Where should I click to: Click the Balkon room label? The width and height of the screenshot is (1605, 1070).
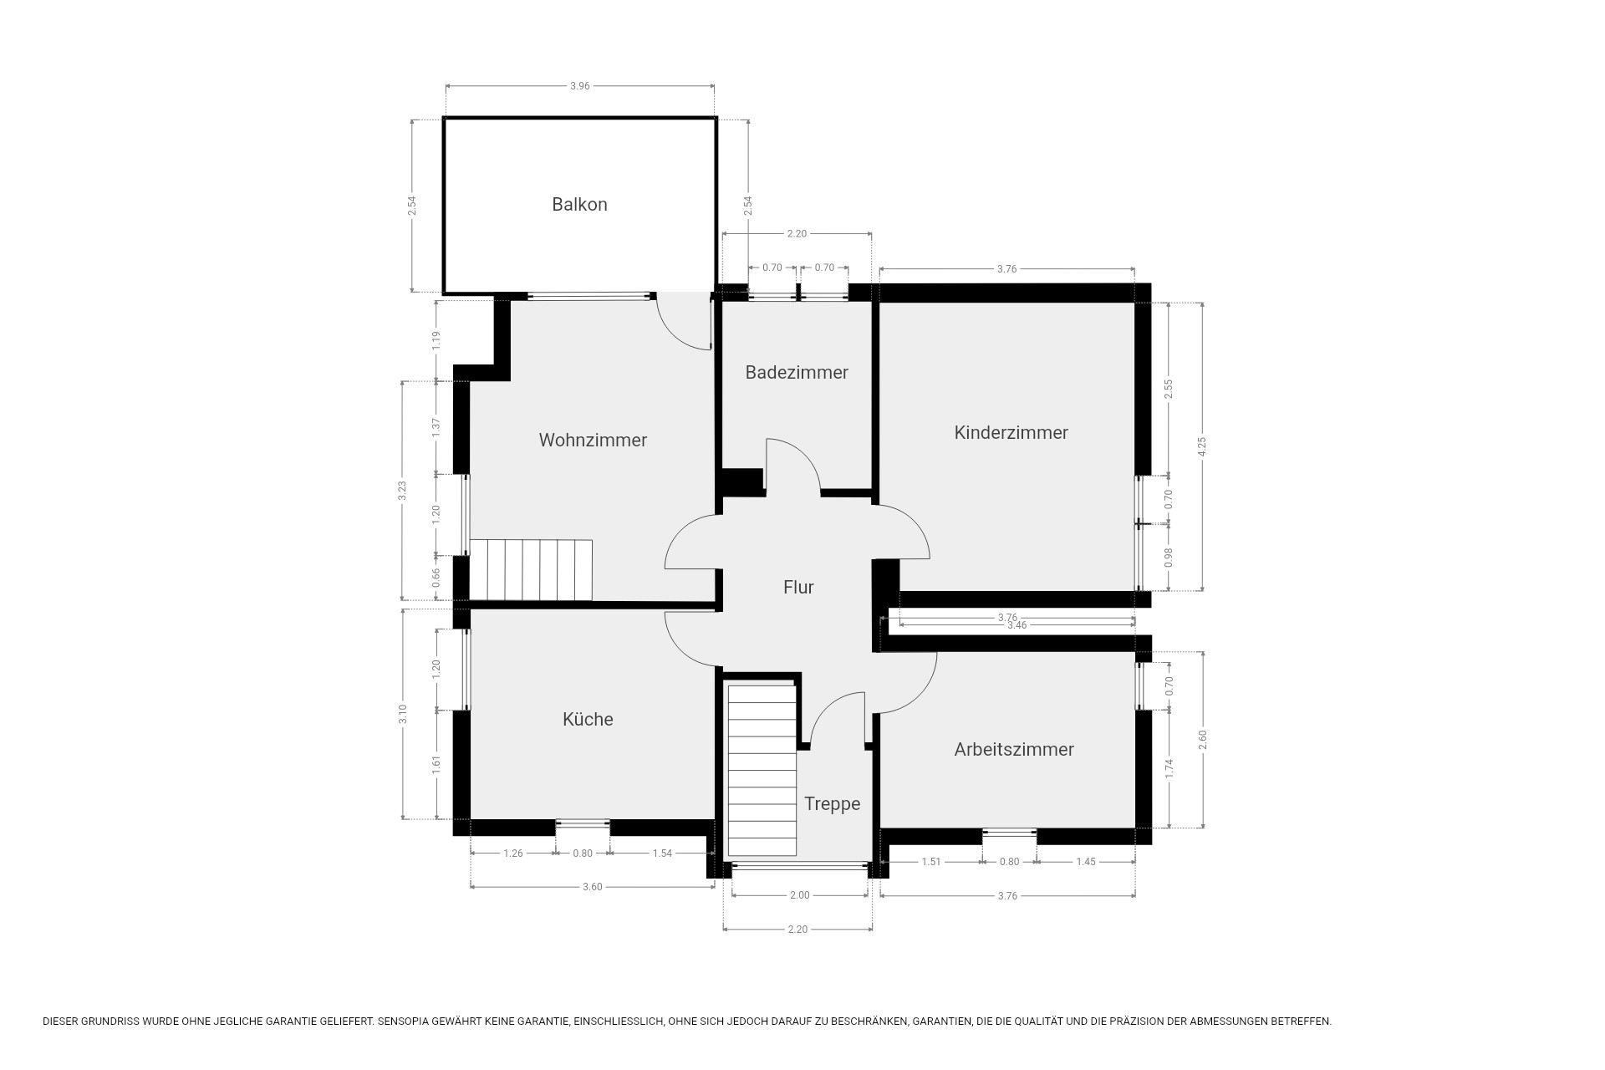[579, 204]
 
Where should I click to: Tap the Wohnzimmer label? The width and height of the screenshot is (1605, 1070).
[593, 440]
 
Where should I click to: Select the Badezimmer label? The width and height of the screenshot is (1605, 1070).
[797, 372]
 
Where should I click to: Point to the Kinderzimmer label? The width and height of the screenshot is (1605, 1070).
[1011, 432]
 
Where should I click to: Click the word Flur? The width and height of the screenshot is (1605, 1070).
[798, 587]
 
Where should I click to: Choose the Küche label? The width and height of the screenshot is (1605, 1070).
[588, 719]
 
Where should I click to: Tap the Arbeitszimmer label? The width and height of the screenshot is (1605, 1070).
[1014, 749]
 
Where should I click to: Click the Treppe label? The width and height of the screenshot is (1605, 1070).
[832, 804]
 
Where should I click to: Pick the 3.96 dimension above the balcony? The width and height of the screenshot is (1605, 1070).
[580, 85]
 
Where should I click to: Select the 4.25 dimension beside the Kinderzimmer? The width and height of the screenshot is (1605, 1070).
[1202, 447]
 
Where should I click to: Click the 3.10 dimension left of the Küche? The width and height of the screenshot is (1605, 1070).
[402, 716]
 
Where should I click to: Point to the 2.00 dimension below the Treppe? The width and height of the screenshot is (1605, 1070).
[800, 895]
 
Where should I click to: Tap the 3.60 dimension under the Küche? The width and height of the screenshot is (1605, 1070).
[592, 887]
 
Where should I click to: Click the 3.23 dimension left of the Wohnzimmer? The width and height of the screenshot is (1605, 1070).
[402, 491]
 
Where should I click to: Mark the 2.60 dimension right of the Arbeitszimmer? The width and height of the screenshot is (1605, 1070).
[1203, 740]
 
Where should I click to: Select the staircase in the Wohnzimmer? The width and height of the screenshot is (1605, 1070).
[531, 570]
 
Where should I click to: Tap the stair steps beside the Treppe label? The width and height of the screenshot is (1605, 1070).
[762, 770]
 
